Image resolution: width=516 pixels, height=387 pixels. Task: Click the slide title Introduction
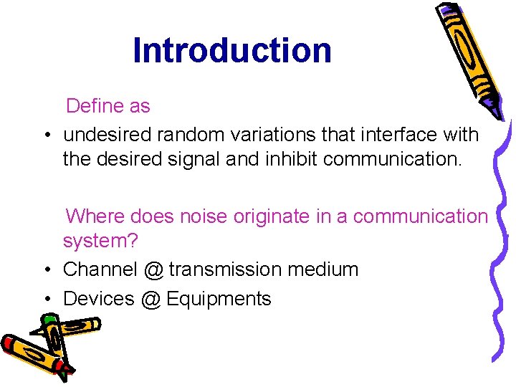[232, 51]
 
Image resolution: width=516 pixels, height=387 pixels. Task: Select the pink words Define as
[108, 106]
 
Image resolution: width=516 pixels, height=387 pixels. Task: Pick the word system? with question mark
[100, 241]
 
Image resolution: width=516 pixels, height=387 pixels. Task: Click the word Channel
[100, 269]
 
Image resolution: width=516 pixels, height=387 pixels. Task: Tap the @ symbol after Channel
[153, 270]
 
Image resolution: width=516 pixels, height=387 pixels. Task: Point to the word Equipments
[219, 299]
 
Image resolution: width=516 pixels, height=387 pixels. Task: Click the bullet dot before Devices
[45, 299]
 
